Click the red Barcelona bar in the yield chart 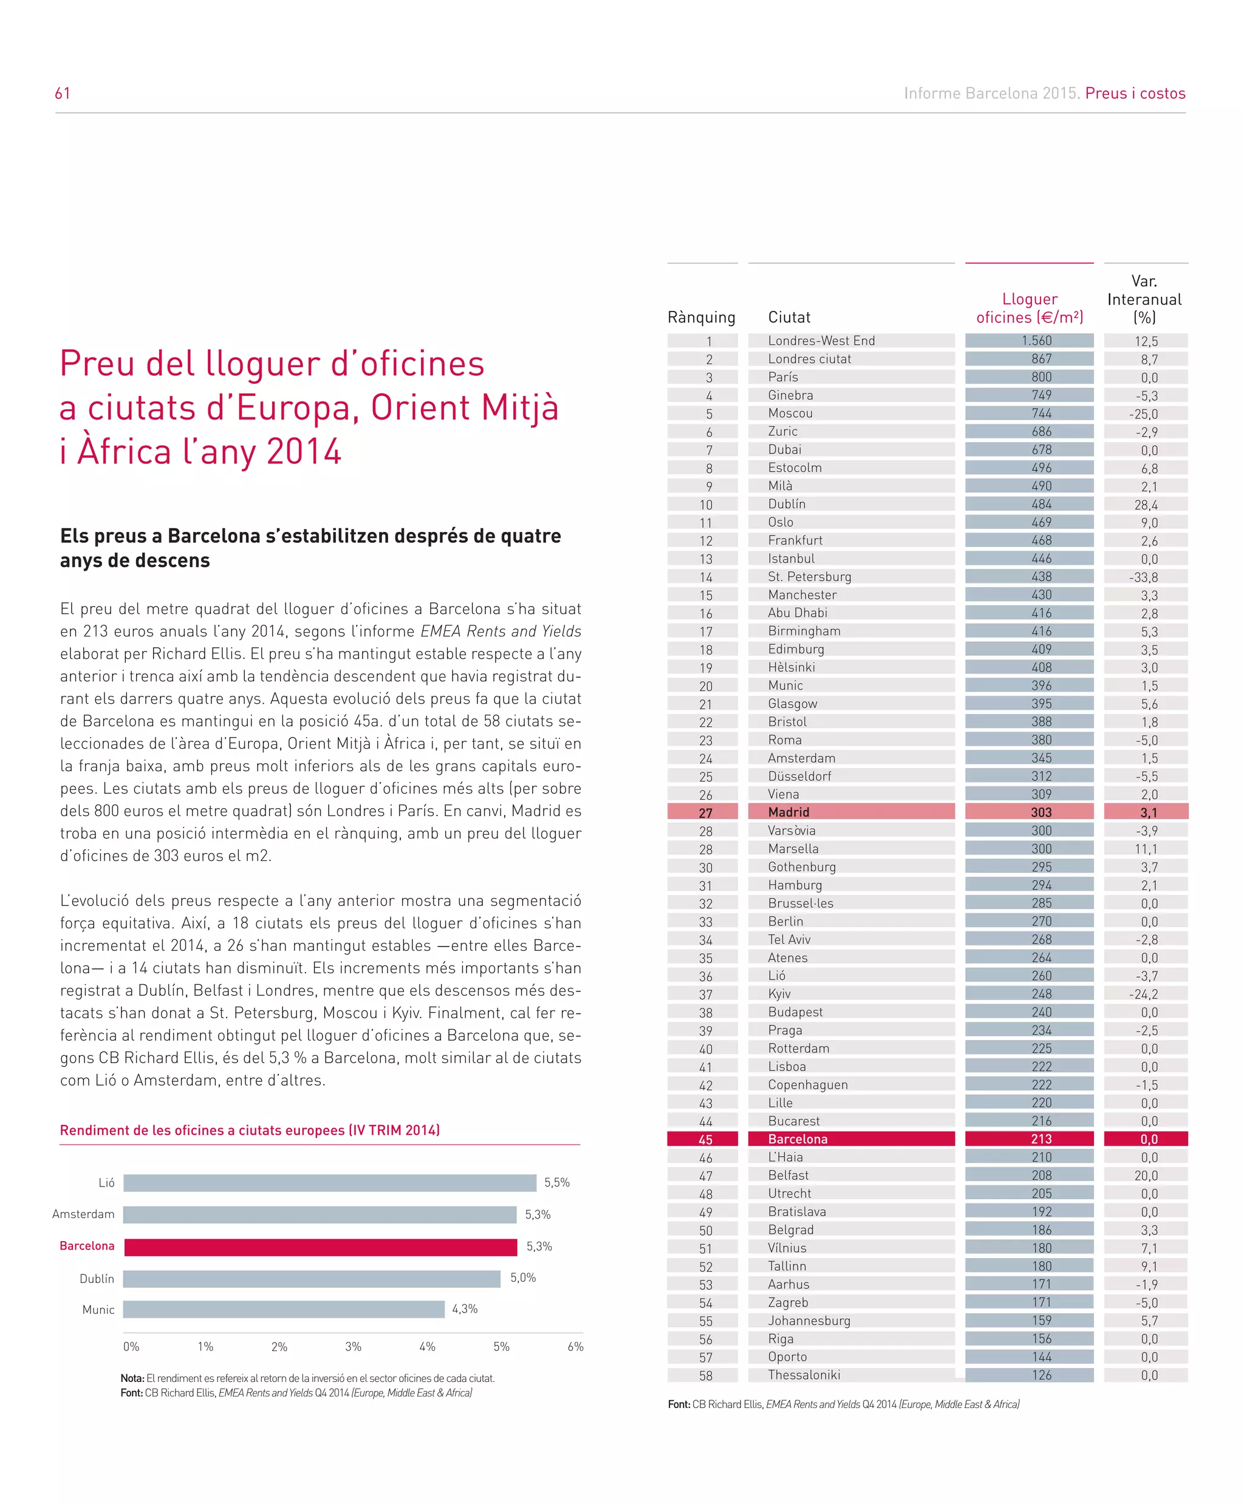coord(320,1247)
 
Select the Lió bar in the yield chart coord(330,1182)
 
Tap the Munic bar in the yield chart coord(284,1309)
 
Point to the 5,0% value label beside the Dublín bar coord(523,1278)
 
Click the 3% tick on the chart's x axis coord(354,1347)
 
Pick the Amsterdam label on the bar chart coord(83,1214)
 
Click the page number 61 coord(63,93)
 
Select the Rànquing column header coord(702,318)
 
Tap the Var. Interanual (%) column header coord(1144,299)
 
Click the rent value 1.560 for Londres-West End coord(1037,341)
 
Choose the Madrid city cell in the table coord(789,812)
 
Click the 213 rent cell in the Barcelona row coord(1041,1138)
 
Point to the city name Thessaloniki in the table coord(804,1375)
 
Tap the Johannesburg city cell coord(809,1321)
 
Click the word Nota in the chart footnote coord(132,1378)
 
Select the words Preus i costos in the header coord(1135,93)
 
